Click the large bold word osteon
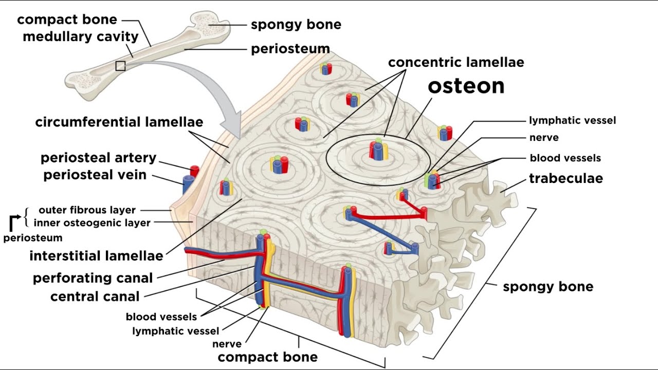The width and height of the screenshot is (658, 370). coord(466,86)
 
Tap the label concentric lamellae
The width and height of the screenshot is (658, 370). coord(456,63)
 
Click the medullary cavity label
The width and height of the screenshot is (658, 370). coord(81,37)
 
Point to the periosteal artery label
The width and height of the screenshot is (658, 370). coord(98,157)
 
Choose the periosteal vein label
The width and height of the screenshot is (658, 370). coord(95,175)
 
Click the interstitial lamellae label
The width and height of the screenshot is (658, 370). coord(96,255)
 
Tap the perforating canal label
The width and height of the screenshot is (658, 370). coord(93,278)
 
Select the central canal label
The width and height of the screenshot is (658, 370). coord(95,297)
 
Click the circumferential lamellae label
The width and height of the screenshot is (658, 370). coord(119,122)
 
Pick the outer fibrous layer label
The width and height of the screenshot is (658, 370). coord(87,210)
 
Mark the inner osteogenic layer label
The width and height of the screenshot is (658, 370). coord(92,223)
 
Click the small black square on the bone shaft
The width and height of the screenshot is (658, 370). coord(120,66)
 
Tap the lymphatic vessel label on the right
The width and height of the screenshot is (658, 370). coord(572,121)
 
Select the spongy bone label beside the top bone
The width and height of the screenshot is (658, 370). coord(296,25)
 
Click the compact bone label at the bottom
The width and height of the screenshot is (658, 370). coord(267,357)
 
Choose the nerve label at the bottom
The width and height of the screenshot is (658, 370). coord(227,344)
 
